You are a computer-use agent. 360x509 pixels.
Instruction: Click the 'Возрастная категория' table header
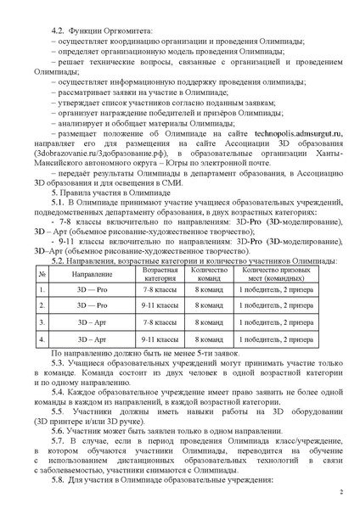click(x=160, y=253)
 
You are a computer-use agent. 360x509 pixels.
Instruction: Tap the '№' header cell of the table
click(x=42, y=253)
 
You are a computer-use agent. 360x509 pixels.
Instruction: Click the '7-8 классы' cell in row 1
click(x=160, y=271)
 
